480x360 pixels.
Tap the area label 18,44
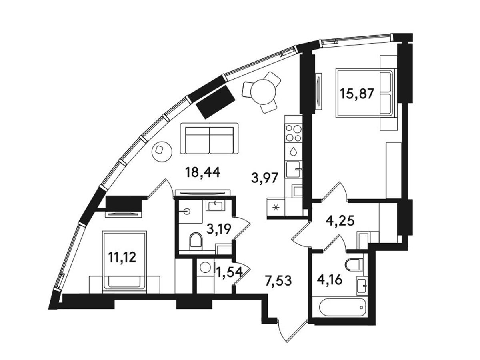(202, 172)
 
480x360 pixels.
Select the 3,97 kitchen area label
(264, 178)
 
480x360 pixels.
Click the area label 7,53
(278, 281)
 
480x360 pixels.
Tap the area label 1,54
(229, 272)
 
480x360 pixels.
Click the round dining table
(263, 92)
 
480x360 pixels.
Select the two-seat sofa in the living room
(209, 138)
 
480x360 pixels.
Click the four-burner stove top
(294, 133)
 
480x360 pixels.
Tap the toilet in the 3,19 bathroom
(196, 242)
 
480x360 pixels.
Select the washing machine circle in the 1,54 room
(206, 268)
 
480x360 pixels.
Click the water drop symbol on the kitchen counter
(293, 152)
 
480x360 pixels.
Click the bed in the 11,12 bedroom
(124, 261)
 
